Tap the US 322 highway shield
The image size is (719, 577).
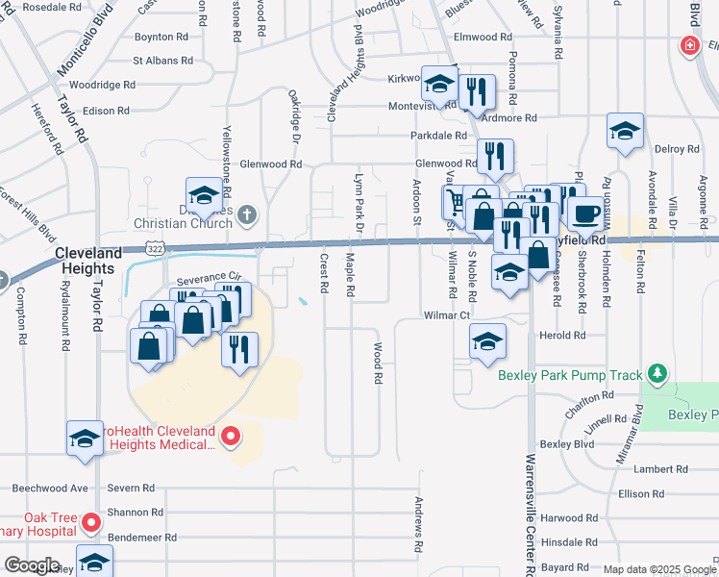coord(155,248)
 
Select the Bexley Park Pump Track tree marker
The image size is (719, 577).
coord(657,373)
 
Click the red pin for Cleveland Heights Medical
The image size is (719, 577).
coord(231,438)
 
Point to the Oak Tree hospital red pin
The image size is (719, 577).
coord(91,524)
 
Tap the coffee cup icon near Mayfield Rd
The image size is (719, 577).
coord(585,214)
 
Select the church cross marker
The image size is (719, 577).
coord(247,214)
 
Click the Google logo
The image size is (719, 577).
coord(32,564)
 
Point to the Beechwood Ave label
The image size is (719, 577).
coord(57,489)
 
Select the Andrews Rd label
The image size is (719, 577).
coord(419,525)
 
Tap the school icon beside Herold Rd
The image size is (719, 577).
coord(487,341)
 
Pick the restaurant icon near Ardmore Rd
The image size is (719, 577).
coord(477,92)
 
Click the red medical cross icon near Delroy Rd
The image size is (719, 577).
coord(689,46)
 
